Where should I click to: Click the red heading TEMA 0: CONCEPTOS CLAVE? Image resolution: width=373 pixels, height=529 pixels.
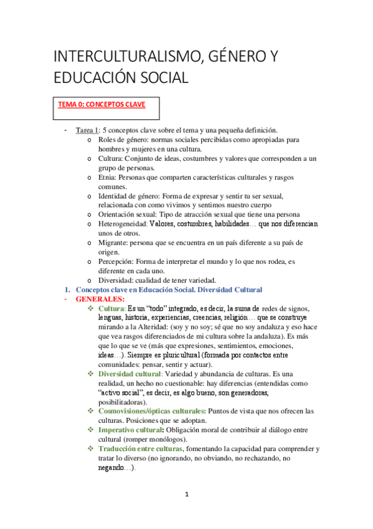(x=102, y=105)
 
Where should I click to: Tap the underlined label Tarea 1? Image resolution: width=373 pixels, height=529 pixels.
(x=87, y=130)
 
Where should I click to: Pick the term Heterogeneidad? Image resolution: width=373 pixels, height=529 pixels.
(x=123, y=223)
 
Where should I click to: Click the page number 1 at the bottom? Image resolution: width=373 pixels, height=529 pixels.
(x=186, y=495)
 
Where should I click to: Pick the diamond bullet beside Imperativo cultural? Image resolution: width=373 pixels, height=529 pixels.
(x=92, y=430)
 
